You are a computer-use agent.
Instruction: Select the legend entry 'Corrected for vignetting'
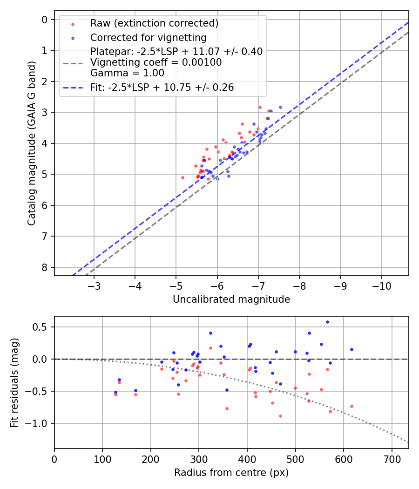(x=148, y=37)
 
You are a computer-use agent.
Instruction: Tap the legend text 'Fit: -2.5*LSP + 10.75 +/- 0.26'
(x=162, y=88)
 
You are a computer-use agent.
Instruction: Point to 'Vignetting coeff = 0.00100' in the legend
(x=156, y=62)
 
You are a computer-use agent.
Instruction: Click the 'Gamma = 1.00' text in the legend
(x=127, y=73)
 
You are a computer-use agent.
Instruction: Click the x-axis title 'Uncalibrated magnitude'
(x=231, y=299)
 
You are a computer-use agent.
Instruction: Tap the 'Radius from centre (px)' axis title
(x=231, y=473)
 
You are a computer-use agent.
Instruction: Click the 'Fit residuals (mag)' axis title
(x=15, y=382)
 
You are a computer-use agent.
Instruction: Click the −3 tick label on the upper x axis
(x=95, y=285)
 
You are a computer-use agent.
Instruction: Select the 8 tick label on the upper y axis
(x=45, y=267)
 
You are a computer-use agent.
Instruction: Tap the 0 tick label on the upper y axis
(x=45, y=19)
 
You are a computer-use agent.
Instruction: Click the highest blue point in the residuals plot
(x=327, y=322)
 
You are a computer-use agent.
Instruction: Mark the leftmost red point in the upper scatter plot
(x=182, y=177)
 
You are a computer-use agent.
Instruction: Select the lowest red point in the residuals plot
(x=280, y=416)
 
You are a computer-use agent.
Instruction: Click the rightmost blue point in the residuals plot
(x=351, y=349)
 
